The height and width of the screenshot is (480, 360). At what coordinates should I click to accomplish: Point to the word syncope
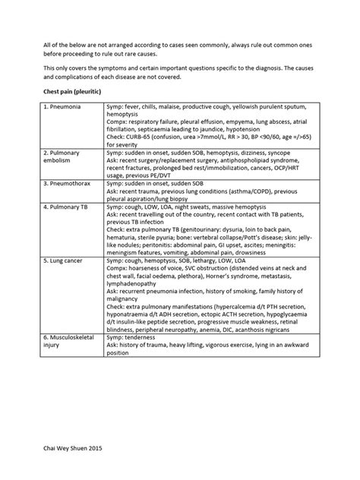click(x=276, y=152)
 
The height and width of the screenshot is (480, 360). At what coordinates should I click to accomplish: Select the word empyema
click(x=235, y=121)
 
